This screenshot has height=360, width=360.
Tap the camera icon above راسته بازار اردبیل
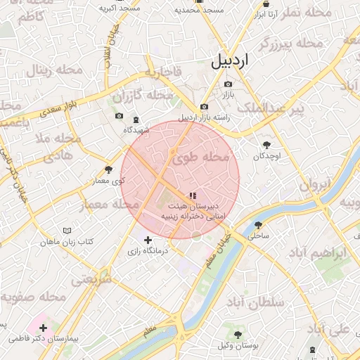pos(204,107)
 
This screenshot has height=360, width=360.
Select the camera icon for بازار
pos(228,84)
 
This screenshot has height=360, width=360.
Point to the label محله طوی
pos(205,157)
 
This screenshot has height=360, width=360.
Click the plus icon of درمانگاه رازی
pos(147,240)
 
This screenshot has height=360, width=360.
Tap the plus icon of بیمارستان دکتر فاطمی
pos(44,328)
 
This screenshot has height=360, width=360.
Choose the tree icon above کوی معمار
pos(108,169)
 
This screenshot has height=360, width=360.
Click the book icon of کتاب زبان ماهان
pos(67,231)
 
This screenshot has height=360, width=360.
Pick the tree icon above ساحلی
pos(259,225)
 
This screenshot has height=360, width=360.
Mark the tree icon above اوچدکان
pos(266,144)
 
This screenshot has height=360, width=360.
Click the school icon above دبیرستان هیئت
pos(193,195)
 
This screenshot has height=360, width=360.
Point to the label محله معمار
pos(109,205)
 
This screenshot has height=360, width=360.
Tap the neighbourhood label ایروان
pos(315,186)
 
